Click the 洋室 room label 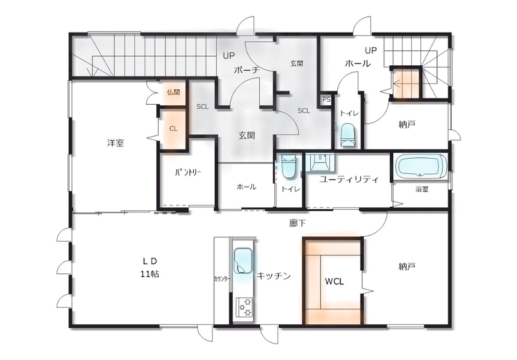pos(115,143)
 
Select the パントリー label pos(188,172)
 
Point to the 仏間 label pos(173,93)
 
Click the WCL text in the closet pos(334,281)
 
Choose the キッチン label pos(273,276)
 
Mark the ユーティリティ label pos(348,179)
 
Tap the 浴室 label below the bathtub pos(422,190)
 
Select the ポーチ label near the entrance pos(246,71)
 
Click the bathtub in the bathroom pos(421,166)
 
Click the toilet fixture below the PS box pos(348,134)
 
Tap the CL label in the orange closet pos(173,129)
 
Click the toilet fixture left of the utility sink pos(289,166)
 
